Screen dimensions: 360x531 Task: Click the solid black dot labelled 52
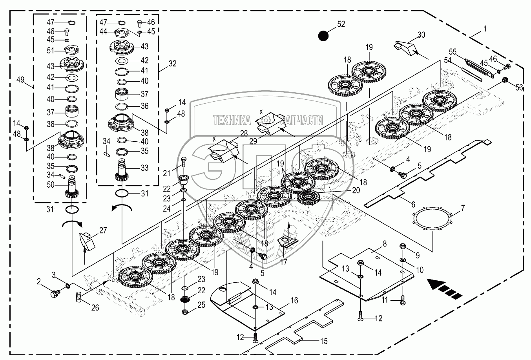(323, 36)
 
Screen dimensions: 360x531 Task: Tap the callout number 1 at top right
(485, 29)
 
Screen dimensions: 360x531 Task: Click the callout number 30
(421, 35)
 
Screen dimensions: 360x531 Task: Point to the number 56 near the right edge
(519, 88)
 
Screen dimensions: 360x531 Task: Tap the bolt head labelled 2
(55, 293)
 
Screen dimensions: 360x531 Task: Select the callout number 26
(95, 307)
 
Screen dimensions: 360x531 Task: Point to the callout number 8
(384, 243)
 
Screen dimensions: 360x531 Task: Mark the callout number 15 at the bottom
(323, 341)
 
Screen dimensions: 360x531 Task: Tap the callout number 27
(102, 230)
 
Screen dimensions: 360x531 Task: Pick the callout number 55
(453, 52)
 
